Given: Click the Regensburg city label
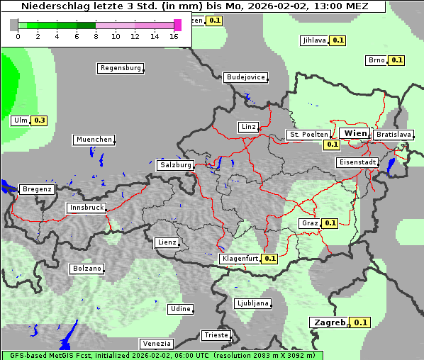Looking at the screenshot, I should click(x=120, y=68).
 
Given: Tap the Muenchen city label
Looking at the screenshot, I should click(x=94, y=140).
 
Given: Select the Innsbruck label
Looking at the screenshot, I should click(x=87, y=208).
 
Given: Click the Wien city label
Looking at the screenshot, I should click(x=355, y=133).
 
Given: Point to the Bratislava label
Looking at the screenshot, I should click(x=393, y=134).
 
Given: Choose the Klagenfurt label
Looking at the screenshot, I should click(x=239, y=259).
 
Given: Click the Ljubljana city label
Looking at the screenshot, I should click(x=252, y=303).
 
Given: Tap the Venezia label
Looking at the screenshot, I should click(x=156, y=344).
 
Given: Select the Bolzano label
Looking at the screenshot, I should click(x=87, y=269).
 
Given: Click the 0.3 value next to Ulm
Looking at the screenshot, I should click(x=40, y=120).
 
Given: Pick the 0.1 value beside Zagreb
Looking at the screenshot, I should click(x=361, y=322).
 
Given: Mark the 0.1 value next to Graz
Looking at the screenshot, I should click(x=330, y=223).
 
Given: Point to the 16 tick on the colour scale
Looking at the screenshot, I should click(x=174, y=36).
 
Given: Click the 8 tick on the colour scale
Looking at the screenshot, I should click(x=96, y=36).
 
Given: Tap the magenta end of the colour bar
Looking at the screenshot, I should click(x=177, y=25).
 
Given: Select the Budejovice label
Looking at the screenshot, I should click(x=245, y=77).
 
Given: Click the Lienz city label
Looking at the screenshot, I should click(x=167, y=242).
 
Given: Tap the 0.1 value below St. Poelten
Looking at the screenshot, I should click(x=332, y=145).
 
